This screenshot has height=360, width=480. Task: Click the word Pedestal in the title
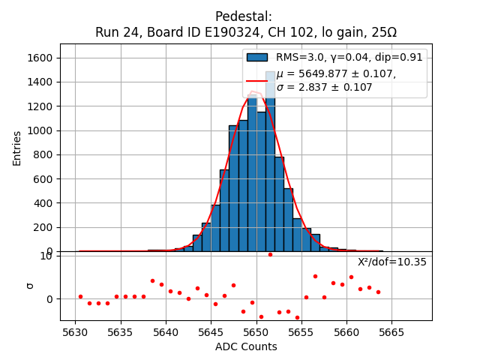[244, 16]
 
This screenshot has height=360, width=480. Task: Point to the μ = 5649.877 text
[336, 74]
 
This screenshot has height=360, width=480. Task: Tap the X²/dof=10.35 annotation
[391, 262]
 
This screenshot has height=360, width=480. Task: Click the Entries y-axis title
[17, 147]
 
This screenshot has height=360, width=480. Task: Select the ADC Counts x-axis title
[246, 346]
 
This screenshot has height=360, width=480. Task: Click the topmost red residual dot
[270, 254]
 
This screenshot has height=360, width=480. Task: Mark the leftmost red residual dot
[80, 296]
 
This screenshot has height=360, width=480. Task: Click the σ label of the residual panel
[30, 285]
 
